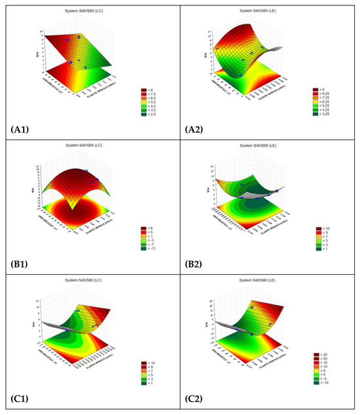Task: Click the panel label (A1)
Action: tap(22, 128)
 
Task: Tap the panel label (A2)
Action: tap(202, 128)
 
